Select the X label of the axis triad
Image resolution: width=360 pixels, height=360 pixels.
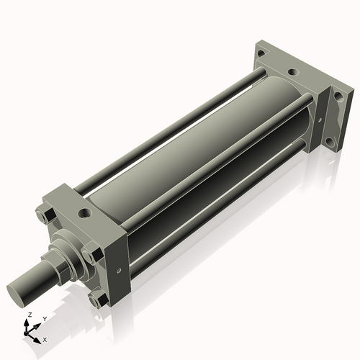[45, 338]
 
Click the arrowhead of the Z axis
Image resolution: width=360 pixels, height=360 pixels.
[29, 323]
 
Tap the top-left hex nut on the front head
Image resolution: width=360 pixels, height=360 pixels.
[42, 215]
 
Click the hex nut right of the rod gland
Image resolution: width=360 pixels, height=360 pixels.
[91, 253]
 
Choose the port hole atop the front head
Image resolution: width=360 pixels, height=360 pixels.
[86, 213]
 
